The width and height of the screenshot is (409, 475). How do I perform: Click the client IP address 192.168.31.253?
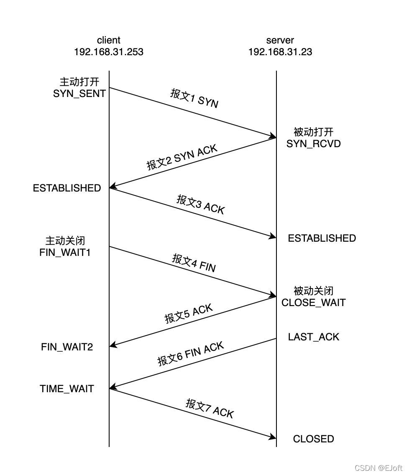[108, 52]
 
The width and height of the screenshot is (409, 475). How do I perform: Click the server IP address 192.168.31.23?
[280, 52]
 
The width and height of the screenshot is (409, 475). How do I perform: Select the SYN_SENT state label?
[79, 94]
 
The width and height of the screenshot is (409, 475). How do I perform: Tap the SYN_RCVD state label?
[313, 144]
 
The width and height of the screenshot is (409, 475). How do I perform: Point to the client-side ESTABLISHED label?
[67, 188]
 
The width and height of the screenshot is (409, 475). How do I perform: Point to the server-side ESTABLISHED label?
[322, 238]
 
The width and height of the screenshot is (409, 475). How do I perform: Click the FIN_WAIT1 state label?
[65, 253]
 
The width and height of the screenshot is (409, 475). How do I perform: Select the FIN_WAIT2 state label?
[67, 347]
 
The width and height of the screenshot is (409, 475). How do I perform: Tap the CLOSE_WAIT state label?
[313, 303]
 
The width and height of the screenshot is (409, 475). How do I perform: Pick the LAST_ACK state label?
[313, 337]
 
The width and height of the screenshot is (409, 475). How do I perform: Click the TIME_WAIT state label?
[67, 389]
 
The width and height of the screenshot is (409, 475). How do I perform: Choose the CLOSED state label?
[313, 439]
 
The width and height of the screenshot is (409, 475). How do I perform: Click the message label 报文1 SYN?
[194, 98]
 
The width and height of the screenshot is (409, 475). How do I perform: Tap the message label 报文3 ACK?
[200, 204]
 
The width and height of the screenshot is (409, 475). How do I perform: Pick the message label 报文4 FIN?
[194, 263]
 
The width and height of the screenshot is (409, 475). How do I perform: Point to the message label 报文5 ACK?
[189, 314]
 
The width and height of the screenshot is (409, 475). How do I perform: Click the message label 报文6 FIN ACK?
[191, 354]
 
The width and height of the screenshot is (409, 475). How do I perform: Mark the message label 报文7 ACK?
[210, 408]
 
